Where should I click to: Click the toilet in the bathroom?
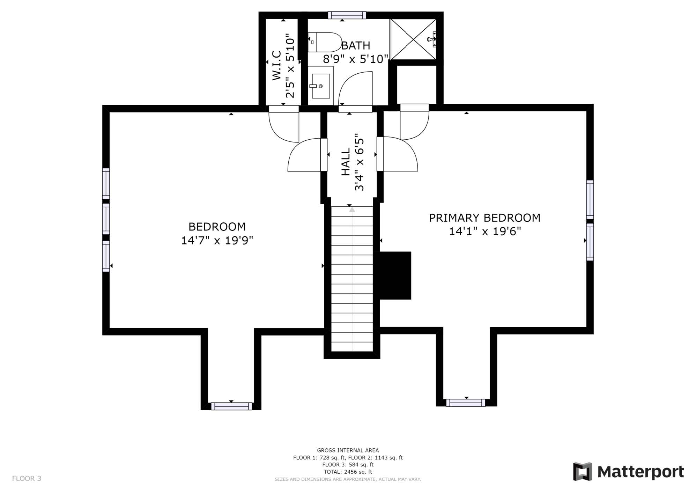tap(325, 42)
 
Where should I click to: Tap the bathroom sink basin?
tap(321, 86)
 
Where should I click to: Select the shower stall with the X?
tap(413, 39)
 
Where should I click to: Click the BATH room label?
tap(355, 45)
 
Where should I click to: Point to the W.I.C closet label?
tap(277, 65)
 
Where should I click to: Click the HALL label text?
tap(346, 162)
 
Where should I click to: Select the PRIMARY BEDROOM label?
tap(484, 218)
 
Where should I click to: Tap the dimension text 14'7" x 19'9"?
tap(217, 240)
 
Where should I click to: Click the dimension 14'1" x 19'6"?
tap(484, 231)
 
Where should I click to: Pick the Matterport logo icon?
tap(582, 471)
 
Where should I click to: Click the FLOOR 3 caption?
tap(27, 478)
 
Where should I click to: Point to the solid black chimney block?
tap(395, 275)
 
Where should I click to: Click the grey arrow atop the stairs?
tap(352, 209)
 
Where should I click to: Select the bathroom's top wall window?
tap(347, 15)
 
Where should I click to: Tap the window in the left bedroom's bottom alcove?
tap(231, 406)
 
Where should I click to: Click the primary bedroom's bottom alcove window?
tap(466, 403)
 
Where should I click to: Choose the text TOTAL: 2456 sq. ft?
tap(348, 472)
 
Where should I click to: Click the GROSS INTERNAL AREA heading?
tap(348, 450)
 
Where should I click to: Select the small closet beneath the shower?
tap(417, 84)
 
